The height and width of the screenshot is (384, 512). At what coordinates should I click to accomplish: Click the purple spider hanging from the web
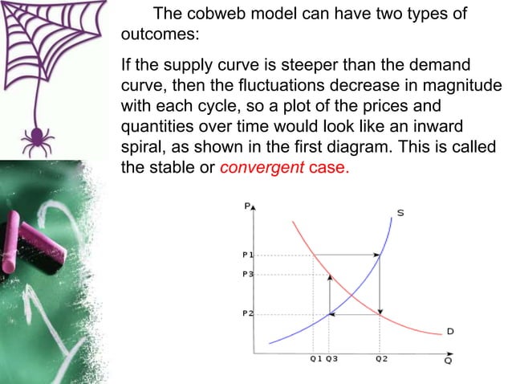[35, 141]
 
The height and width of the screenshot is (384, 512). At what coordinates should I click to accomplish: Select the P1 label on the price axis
[247, 255]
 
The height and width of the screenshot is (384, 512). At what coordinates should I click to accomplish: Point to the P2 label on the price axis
[247, 313]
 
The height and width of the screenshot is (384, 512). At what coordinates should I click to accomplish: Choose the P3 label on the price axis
[247, 275]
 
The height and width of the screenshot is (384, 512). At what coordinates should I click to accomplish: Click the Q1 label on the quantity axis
[315, 358]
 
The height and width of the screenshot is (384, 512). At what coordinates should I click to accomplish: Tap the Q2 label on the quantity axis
[380, 358]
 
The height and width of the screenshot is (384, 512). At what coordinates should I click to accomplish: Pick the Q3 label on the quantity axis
[331, 358]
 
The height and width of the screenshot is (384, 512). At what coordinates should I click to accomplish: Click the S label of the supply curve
[400, 213]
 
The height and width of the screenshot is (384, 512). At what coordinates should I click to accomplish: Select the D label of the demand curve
[450, 330]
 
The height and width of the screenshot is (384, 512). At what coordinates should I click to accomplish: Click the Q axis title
[447, 361]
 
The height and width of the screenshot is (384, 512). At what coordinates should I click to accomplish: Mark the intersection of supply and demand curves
[350, 295]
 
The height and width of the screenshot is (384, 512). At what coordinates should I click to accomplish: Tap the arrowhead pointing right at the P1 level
[376, 255]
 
